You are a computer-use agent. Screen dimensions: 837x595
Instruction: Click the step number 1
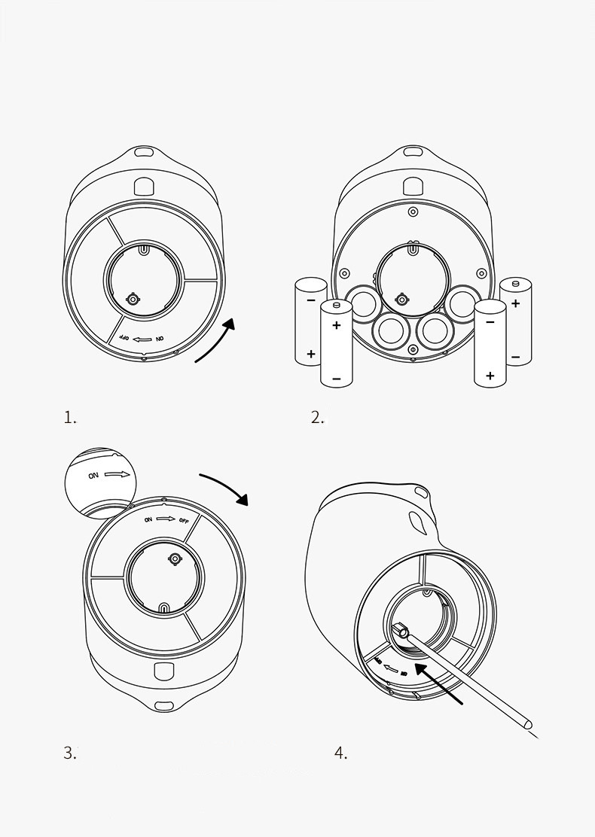(x=70, y=418)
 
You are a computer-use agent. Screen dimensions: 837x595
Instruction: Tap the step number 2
(x=317, y=418)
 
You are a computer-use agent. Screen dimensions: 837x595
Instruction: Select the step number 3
(x=69, y=752)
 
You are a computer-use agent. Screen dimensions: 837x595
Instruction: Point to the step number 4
(x=340, y=752)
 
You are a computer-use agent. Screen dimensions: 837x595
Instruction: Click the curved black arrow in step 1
(x=217, y=342)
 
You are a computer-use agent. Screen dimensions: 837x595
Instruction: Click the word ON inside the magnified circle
(x=93, y=476)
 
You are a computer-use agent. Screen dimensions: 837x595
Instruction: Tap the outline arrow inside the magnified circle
(x=118, y=475)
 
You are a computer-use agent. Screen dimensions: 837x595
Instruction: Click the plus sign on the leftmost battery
(x=310, y=352)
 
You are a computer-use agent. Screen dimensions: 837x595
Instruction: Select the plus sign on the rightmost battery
(x=515, y=303)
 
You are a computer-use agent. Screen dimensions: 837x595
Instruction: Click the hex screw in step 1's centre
(x=133, y=299)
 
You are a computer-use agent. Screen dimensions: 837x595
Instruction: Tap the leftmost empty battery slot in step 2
(x=362, y=302)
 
